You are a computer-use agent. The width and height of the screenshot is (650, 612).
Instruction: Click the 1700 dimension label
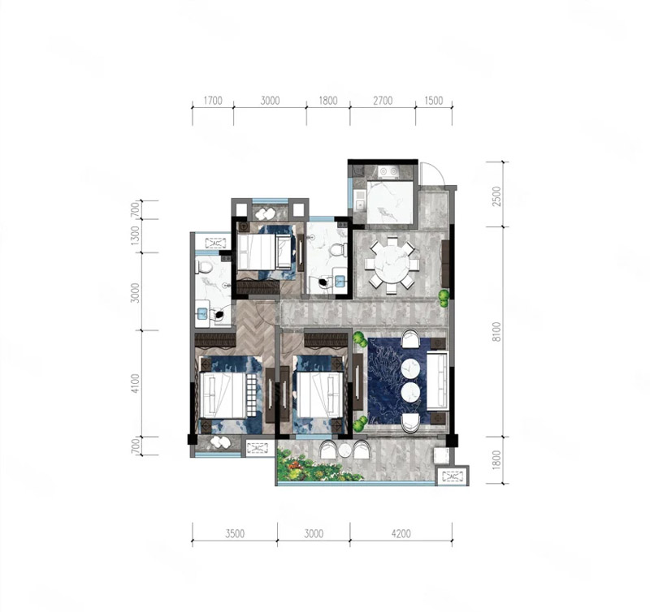tap(213, 101)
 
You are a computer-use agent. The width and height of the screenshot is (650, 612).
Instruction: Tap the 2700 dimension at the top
tap(383, 101)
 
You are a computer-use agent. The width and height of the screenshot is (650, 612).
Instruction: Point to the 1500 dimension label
tap(434, 101)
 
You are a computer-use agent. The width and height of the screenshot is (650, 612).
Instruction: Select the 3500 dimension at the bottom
tap(235, 533)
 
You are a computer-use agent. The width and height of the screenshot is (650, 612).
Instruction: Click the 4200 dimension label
tap(401, 533)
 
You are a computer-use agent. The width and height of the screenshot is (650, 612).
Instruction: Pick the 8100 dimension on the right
tap(496, 332)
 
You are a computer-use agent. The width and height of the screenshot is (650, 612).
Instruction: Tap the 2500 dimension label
tap(496, 196)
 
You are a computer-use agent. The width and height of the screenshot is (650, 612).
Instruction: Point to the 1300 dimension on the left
tap(135, 235)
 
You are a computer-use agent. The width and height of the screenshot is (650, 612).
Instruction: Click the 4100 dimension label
tap(135, 383)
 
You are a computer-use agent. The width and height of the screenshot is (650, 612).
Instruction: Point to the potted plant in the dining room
tap(444, 298)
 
